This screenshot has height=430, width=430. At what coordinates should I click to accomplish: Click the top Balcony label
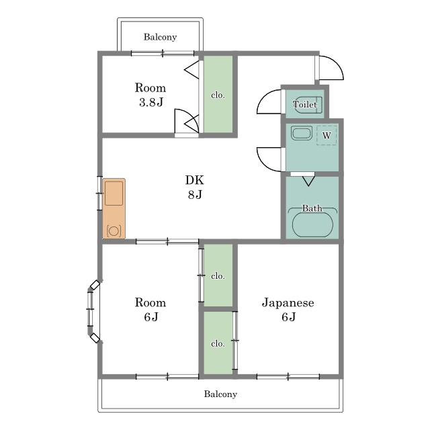coord(160,37)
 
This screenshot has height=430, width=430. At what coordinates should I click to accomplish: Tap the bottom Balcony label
coord(220,394)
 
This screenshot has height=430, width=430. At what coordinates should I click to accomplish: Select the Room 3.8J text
coord(150,95)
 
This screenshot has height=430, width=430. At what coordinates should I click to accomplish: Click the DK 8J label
coord(195,187)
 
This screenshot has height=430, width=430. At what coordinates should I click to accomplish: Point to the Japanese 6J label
coord(288,310)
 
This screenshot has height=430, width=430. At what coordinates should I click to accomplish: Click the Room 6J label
coord(150,310)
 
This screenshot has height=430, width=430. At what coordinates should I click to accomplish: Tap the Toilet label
coord(305,105)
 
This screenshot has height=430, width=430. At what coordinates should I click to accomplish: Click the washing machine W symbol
coord(327,135)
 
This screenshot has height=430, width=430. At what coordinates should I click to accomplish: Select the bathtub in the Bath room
coord(312,224)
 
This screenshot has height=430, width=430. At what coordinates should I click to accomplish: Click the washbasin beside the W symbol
coord(302,134)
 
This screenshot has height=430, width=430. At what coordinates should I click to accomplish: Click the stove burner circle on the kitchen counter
coord(114,231)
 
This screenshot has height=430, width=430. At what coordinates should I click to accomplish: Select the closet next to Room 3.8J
coord(218,94)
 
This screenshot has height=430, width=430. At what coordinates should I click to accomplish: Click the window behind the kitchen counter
coord(99,193)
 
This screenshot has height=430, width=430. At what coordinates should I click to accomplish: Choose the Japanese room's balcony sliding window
coord(288,376)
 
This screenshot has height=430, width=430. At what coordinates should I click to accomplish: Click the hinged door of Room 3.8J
coord(187,121)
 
